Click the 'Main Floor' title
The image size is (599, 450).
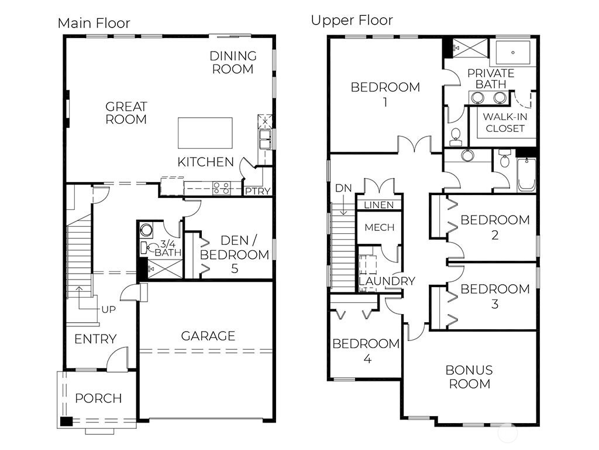tap(94, 23)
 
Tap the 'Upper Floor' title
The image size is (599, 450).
tap(352, 21)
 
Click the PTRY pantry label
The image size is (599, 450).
tap(257, 191)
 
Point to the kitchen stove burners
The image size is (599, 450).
tap(221, 188)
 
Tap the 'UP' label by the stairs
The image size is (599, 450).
tap(109, 309)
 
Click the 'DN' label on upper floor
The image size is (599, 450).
tap(343, 188)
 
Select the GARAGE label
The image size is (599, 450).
tap(208, 336)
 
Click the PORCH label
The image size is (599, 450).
tap(98, 398)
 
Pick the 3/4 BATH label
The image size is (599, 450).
tap(168, 248)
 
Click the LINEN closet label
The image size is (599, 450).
tap(379, 205)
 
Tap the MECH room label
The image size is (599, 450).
tap(379, 227)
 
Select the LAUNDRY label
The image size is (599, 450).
tap(386, 281)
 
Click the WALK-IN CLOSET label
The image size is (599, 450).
tap(504, 122)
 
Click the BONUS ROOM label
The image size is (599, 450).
tap(469, 377)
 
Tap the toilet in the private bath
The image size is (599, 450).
tap(456, 138)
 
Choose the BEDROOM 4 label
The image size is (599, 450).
tap(366, 350)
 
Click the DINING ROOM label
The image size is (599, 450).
tap(233, 62)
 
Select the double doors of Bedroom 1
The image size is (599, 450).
tap(414, 144)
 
